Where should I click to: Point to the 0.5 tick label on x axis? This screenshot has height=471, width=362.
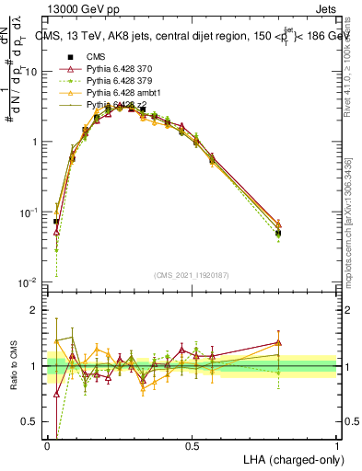tap(193, 444)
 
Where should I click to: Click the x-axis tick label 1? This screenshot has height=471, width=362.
tap(336, 444)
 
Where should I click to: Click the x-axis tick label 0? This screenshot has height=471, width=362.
tap(48, 444)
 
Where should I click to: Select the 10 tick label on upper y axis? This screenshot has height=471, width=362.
tap(31, 72)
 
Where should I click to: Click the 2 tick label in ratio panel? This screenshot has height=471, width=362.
tap(35, 310)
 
